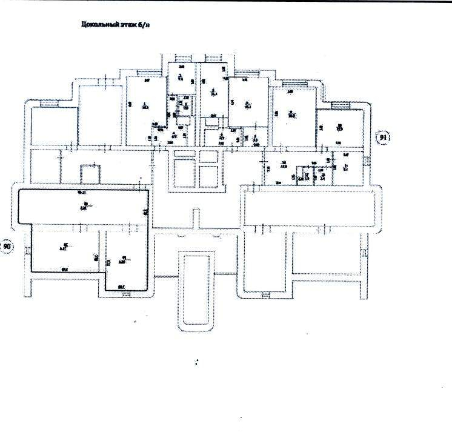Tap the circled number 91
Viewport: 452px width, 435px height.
pyautogui.click(x=383, y=138)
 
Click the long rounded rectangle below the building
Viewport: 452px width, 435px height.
pyautogui.click(x=196, y=291)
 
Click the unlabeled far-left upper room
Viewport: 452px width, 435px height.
pyautogui.click(x=53, y=126)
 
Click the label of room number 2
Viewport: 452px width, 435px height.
pyautogui.click(x=180, y=76)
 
